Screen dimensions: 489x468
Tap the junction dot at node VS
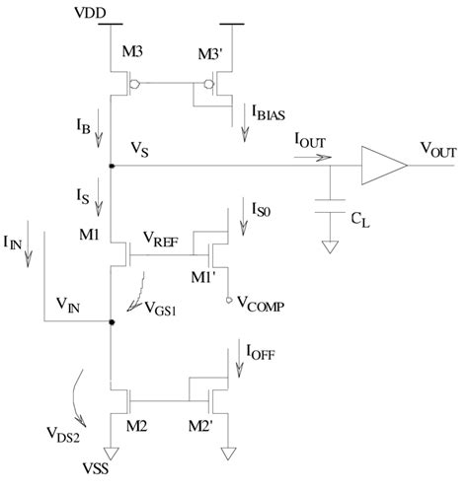pyautogui.click(x=111, y=167)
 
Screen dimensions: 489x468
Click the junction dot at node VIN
pyautogui.click(x=111, y=321)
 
